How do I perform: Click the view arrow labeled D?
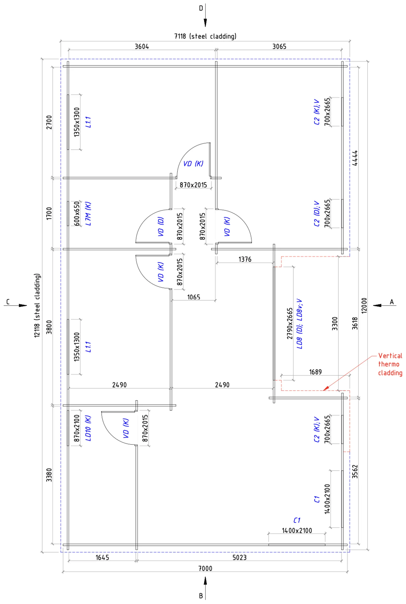click(205, 15)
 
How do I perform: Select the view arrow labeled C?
click(15, 305)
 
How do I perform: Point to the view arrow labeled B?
click(205, 588)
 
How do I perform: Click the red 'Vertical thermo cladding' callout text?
click(390, 364)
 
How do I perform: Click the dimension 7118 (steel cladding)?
click(205, 36)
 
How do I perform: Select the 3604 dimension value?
click(142, 46)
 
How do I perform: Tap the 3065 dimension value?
click(279, 46)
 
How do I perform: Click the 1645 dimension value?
click(102, 558)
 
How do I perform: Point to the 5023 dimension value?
click(240, 558)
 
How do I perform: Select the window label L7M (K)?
click(88, 214)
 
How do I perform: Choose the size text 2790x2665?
click(290, 323)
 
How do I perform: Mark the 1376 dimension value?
click(245, 259)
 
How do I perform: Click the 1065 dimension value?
click(194, 297)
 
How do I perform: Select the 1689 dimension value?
click(315, 372)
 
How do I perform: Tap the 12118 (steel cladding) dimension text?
click(37, 305)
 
